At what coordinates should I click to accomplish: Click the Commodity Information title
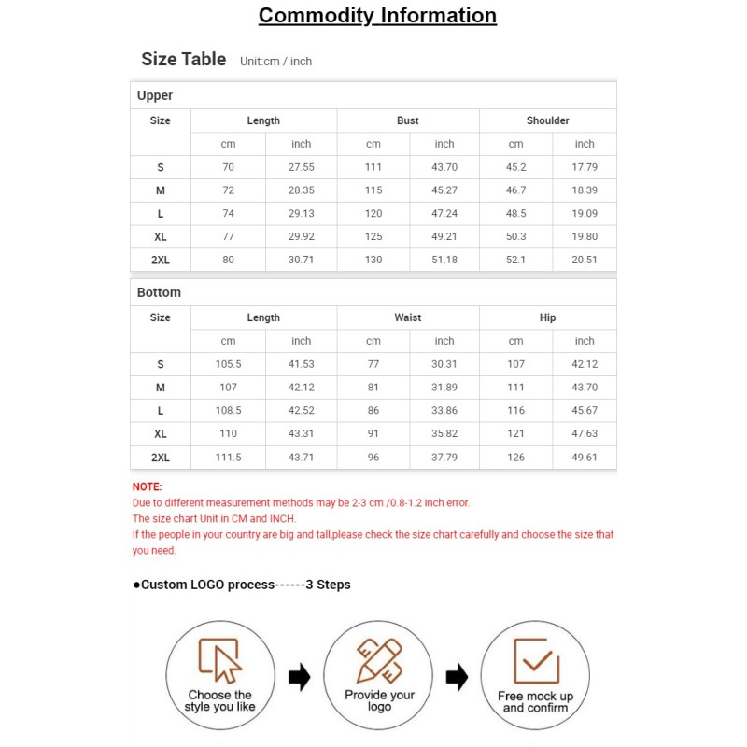[377, 16]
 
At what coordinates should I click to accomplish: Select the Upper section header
[155, 95]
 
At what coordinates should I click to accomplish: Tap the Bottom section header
[159, 292]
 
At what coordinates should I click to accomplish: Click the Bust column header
[408, 120]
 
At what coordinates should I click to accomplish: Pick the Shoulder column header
[547, 120]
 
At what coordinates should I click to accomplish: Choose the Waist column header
[408, 317]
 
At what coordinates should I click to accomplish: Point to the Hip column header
[547, 317]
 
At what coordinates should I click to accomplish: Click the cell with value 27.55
[301, 167]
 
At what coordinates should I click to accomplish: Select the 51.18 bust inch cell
[444, 260]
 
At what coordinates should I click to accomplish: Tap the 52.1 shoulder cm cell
[515, 260]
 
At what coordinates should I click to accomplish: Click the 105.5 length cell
[228, 364]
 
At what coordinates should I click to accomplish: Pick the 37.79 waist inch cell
[444, 458]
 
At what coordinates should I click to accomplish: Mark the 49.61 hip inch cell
[585, 458]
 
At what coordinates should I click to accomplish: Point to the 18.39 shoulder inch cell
[585, 190]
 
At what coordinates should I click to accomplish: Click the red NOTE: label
[148, 486]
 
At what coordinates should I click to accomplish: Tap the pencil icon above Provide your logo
[379, 659]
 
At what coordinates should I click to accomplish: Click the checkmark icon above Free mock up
[536, 660]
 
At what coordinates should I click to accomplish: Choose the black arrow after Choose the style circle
[299, 677]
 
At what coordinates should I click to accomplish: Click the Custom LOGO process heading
[242, 585]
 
